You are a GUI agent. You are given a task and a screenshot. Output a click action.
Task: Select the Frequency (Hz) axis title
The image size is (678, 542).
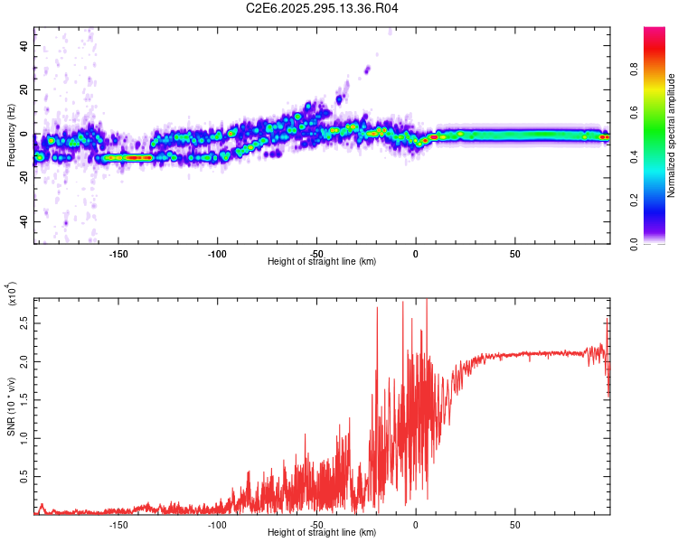tap(11, 135)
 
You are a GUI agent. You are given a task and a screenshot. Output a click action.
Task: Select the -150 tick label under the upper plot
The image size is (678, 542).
tap(118, 254)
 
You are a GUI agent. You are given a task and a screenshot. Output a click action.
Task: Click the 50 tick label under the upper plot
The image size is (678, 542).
tap(514, 254)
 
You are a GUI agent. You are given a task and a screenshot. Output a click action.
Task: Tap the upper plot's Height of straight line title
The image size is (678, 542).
tap(322, 262)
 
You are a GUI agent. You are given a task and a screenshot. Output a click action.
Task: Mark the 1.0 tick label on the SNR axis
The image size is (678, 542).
tap(23, 437)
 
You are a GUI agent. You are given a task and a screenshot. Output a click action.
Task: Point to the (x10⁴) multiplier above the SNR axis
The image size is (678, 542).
tap(12, 294)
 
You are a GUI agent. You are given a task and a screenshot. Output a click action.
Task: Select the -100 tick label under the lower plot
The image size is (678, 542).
tap(217, 525)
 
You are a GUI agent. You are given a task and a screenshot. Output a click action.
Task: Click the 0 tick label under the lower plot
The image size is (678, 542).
tap(416, 525)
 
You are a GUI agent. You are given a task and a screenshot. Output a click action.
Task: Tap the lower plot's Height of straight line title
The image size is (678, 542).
tap(322, 533)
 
